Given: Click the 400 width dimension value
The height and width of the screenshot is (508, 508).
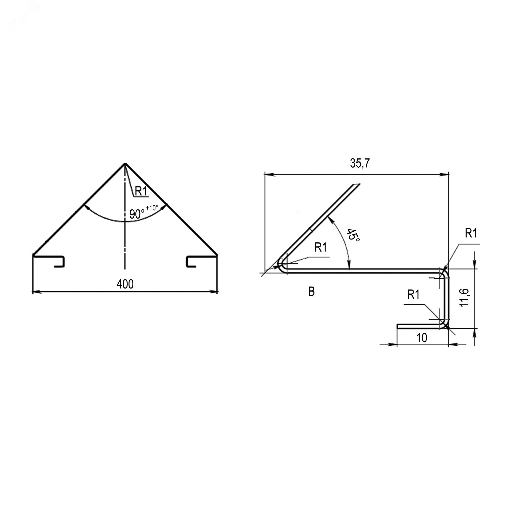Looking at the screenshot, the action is (125, 284).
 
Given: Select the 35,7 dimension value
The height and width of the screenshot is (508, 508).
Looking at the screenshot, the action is (360, 163).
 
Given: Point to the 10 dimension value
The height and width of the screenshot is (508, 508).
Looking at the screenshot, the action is (421, 338).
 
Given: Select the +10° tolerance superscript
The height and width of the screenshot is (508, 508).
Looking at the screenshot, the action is (152, 208).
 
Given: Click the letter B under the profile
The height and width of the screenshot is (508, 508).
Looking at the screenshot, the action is (311, 292).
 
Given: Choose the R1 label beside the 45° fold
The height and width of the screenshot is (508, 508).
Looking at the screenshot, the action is (321, 247).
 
